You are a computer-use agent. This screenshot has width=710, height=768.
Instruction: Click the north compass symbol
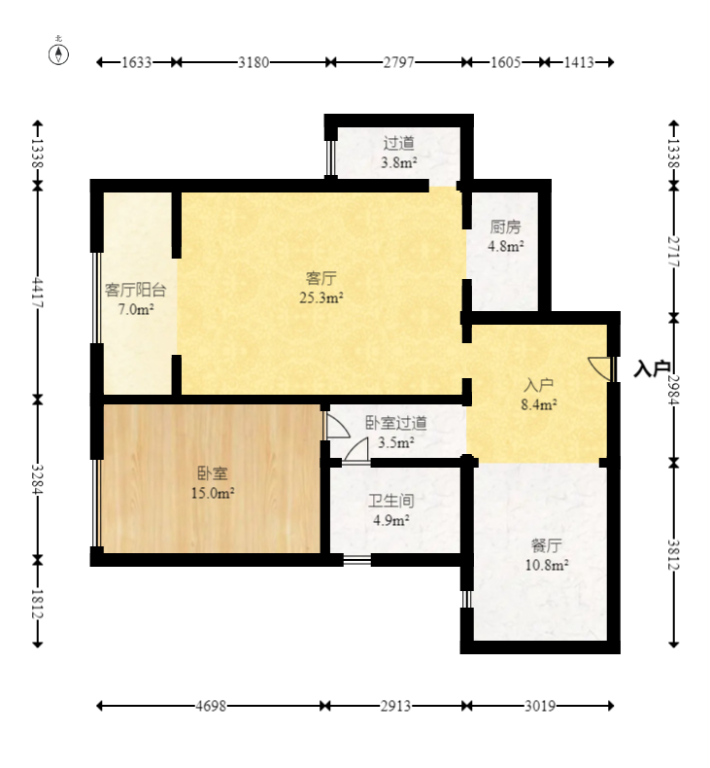tap(58, 54)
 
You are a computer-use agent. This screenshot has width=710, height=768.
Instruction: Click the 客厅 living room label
tap(321, 278)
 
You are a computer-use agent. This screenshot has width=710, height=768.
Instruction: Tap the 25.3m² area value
tap(321, 297)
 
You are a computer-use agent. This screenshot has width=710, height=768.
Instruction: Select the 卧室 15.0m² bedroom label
tap(213, 483)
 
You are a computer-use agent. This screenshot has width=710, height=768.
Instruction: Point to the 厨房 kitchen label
tap(505, 227)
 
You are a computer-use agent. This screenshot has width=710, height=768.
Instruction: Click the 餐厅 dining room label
tap(547, 545)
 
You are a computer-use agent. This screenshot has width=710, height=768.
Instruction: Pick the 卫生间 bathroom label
tap(391, 501)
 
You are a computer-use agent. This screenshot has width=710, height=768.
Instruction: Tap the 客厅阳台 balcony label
tap(136, 290)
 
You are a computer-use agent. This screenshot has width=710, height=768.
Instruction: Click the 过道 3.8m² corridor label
tap(399, 153)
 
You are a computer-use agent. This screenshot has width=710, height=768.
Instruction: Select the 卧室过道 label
tap(396, 423)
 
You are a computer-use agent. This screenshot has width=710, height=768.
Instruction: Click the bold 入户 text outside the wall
tap(652, 368)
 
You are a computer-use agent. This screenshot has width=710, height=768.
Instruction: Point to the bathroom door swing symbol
tap(356, 450)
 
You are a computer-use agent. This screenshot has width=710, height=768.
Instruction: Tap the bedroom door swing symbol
tap(337, 425)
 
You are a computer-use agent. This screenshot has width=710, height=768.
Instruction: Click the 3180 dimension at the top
tap(254, 62)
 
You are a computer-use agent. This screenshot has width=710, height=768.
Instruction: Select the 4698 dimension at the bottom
tap(211, 706)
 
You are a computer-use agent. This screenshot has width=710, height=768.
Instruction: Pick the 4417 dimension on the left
tap(38, 293)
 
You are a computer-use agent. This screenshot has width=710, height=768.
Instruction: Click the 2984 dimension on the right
tap(674, 391)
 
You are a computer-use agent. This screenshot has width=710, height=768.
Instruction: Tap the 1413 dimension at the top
tap(579, 62)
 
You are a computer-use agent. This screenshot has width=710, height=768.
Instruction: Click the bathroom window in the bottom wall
tap(356, 560)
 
